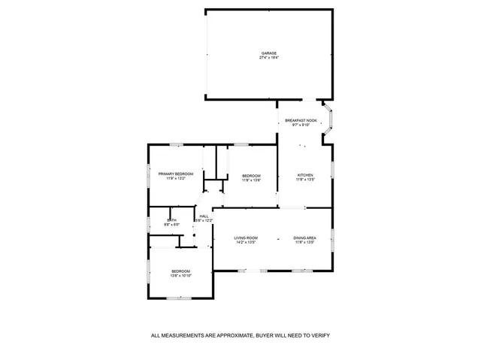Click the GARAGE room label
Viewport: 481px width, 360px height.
pos(269,53)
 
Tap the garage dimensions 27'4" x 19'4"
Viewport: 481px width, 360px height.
pos(269,58)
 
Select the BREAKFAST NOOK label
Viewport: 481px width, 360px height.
pos(301,120)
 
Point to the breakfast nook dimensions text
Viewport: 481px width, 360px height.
pos(301,125)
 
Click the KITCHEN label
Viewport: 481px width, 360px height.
pos(305,175)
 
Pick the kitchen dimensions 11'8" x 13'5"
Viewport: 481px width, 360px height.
pos(305,180)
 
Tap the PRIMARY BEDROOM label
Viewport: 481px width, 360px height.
pos(176,174)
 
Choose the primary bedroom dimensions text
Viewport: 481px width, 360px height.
pos(176,179)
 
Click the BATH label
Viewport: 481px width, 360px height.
pos(171,220)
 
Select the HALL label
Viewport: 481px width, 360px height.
pos(204,216)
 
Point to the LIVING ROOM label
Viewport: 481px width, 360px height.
pos(246,238)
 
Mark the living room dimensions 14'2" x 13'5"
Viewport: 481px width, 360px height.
pos(246,243)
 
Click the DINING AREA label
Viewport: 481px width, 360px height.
pos(304,238)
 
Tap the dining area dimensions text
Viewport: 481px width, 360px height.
pos(304,243)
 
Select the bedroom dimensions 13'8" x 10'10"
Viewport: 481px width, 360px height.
pos(180,276)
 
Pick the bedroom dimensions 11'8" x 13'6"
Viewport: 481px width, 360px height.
pos(251,180)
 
